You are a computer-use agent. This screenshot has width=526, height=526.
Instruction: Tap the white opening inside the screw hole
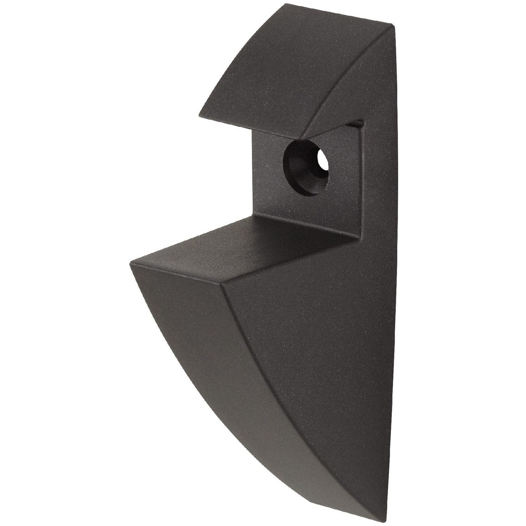click(x=322, y=164)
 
